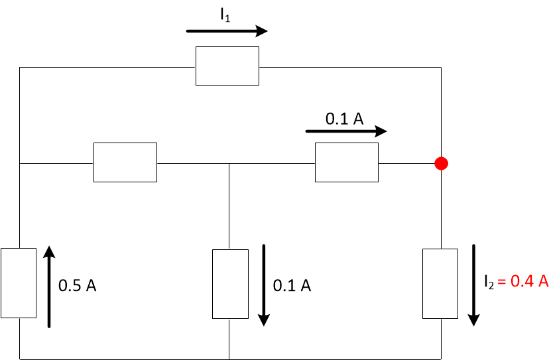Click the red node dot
(440, 163)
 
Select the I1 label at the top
(226, 15)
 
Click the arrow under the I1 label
(227, 30)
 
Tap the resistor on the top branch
(227, 66)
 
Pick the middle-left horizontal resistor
(125, 162)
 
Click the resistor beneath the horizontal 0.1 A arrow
(346, 162)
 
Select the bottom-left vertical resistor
(19, 283)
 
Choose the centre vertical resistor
(229, 284)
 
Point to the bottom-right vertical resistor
(440, 284)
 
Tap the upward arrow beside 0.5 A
(49, 286)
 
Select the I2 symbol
(489, 282)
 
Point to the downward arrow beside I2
(473, 285)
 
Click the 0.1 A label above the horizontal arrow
(344, 119)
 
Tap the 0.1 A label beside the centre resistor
(292, 286)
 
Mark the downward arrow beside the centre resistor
(264, 285)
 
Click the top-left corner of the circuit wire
(20, 67)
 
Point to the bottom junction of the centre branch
(229, 359)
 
